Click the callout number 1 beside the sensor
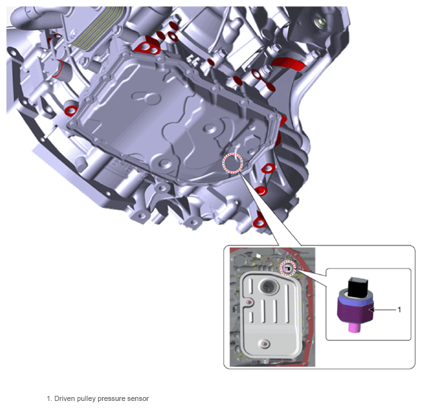click(x=399, y=310)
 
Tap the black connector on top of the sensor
click(x=357, y=287)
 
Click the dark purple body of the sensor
click(x=355, y=312)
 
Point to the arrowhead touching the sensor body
click(x=372, y=310)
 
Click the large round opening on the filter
click(x=267, y=287)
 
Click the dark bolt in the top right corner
click(x=320, y=22)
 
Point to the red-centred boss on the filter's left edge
click(x=249, y=302)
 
